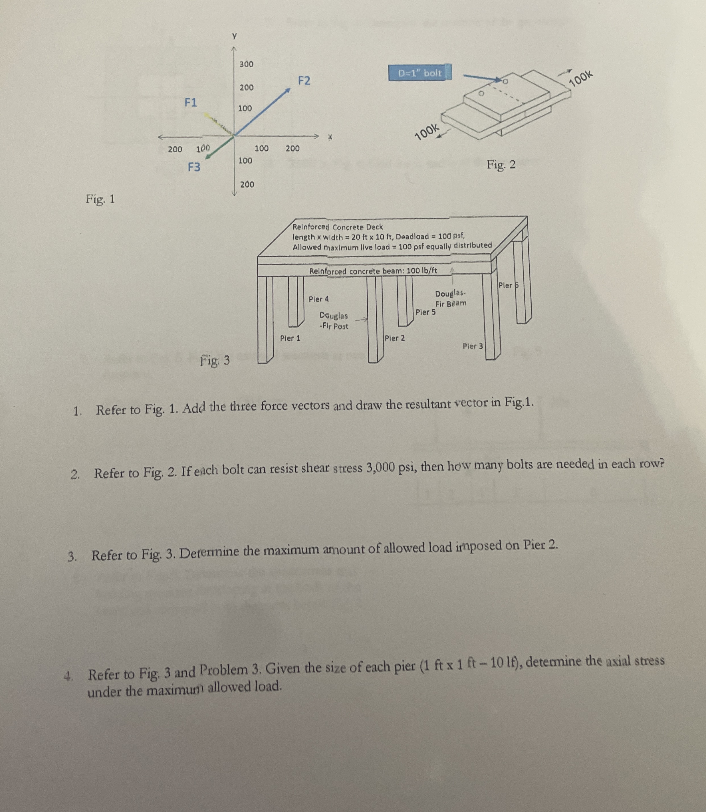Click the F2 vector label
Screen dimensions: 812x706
point(304,81)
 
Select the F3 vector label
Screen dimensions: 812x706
point(194,167)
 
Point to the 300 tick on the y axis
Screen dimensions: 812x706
point(247,64)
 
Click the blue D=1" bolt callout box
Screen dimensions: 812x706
point(420,73)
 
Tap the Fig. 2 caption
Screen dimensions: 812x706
point(501,165)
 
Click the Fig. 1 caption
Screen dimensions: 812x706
point(100,199)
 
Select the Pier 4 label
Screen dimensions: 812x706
point(318,299)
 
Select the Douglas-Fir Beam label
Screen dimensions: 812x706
point(450,298)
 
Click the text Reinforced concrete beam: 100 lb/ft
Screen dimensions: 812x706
point(373,271)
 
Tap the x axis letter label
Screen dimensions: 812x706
point(330,138)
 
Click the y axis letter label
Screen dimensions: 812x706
point(234,36)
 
